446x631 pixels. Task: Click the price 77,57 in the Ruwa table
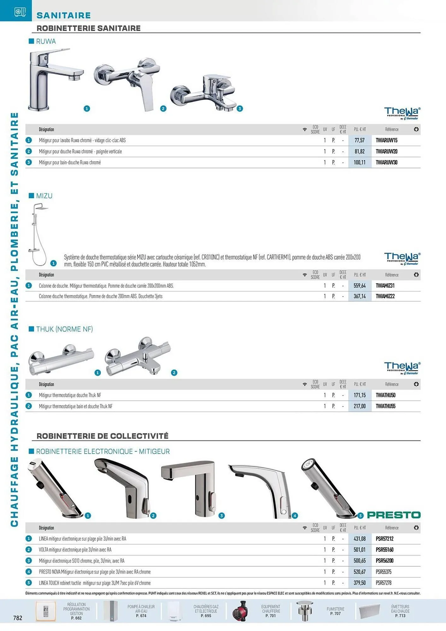359,140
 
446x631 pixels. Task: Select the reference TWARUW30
386,162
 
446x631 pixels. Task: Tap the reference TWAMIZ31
385,286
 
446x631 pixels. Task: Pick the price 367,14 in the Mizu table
359,296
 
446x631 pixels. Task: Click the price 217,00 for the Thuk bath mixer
359,406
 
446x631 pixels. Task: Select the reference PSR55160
384,550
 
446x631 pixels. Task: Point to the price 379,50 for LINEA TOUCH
359,583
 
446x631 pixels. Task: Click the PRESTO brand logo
394,515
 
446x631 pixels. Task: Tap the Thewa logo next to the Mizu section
402,258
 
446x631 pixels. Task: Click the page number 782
18,618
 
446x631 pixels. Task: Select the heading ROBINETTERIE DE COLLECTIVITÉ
103,436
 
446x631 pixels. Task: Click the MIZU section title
44,196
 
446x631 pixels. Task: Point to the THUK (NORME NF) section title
64,329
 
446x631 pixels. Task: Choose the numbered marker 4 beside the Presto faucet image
295,516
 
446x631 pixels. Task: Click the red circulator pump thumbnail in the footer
240,611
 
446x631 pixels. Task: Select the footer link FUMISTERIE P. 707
335,611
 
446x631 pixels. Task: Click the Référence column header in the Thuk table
391,384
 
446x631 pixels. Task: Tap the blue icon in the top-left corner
20,12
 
